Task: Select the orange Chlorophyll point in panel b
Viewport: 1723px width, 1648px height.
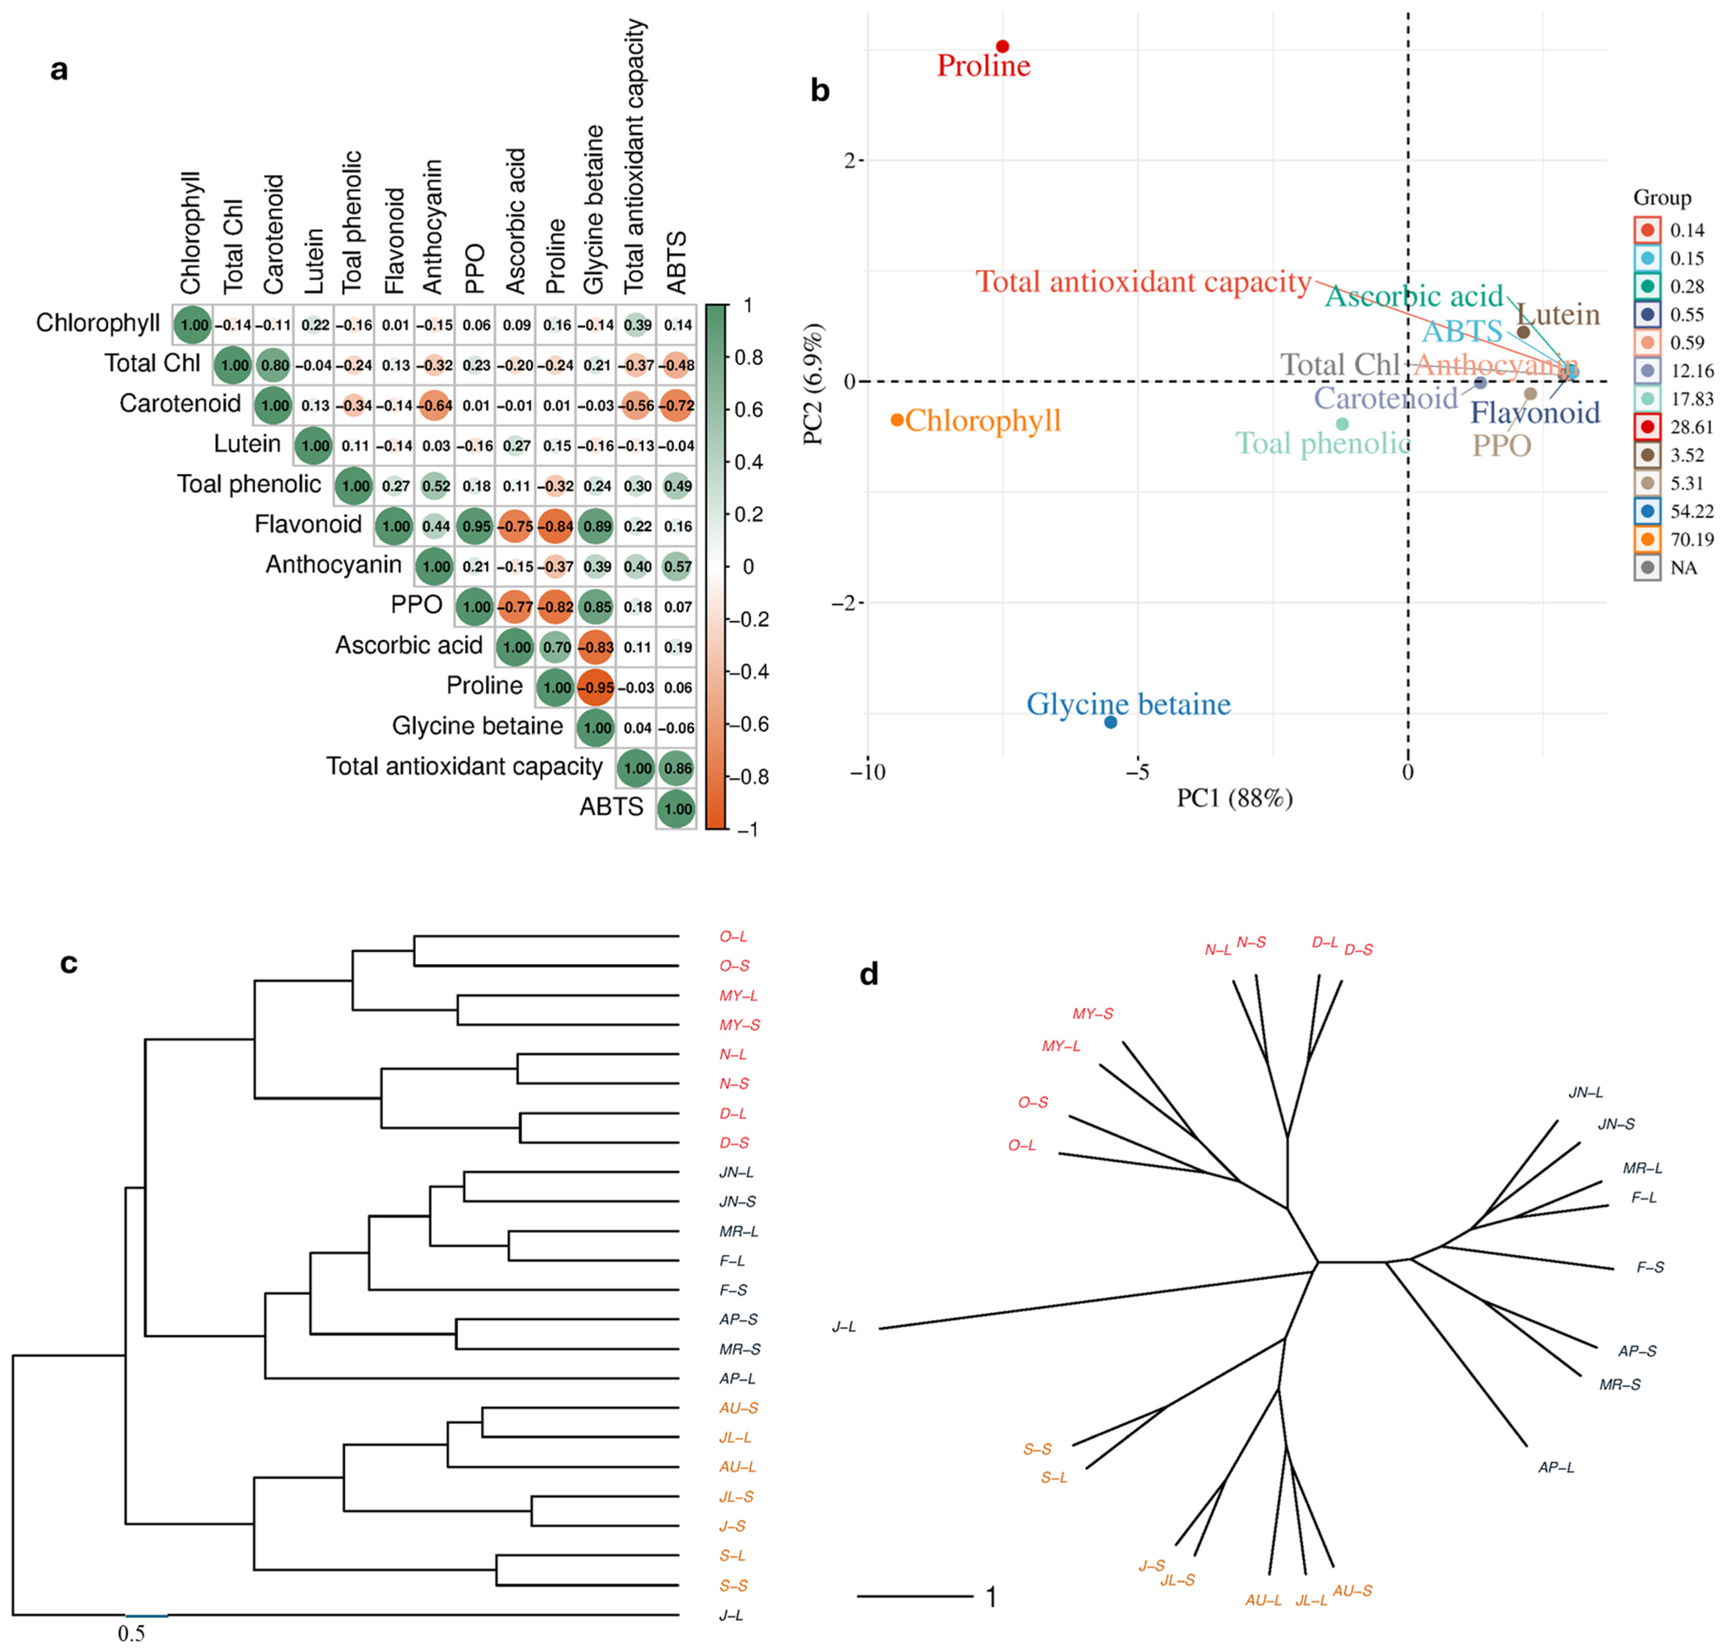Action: tap(897, 420)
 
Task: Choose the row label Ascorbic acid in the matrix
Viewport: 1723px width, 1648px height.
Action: tap(409, 646)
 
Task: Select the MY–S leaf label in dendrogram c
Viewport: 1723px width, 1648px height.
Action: tap(739, 1024)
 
